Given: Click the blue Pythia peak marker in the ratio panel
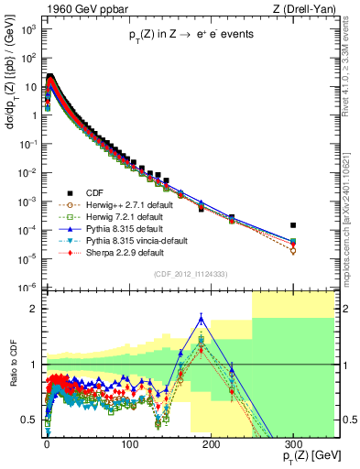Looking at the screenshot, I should click(x=202, y=318).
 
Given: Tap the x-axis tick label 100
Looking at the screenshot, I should click(x=128, y=444).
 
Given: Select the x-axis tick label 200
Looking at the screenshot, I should click(x=211, y=444).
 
